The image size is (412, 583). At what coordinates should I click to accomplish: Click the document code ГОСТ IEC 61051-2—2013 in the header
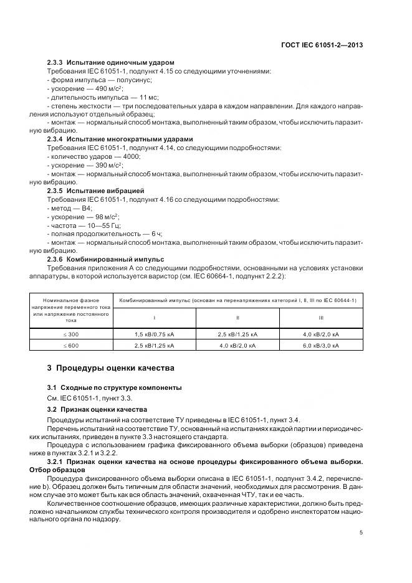click(322, 45)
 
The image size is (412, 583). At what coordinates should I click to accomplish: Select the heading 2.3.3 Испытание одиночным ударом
click(110, 63)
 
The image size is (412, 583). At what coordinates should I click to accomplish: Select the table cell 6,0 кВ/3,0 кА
click(320, 344)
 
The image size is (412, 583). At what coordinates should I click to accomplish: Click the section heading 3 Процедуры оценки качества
click(107, 368)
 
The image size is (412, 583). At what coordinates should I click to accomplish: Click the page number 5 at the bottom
click(362, 533)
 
